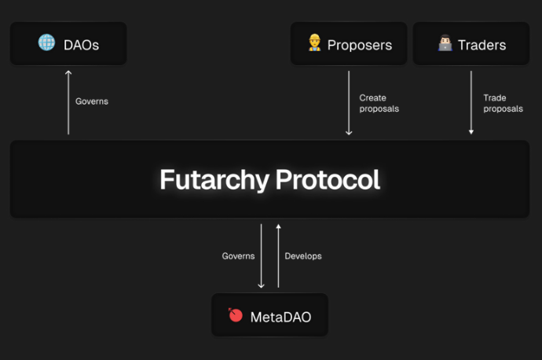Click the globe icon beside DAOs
(x=46, y=42)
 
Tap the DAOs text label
(x=81, y=45)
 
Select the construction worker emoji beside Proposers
(x=314, y=42)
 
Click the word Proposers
(x=360, y=46)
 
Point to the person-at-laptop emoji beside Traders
(x=445, y=42)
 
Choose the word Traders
(x=482, y=45)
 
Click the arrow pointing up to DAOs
(x=68, y=102)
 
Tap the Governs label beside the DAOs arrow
(x=92, y=101)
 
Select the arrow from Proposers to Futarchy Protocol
(x=349, y=103)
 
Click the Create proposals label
(x=379, y=103)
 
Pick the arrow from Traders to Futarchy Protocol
(x=471, y=102)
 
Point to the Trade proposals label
(x=503, y=103)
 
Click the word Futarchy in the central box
(x=214, y=180)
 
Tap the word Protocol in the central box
(x=328, y=179)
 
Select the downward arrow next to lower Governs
(x=261, y=256)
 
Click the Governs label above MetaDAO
(x=238, y=256)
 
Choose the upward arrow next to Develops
(x=278, y=256)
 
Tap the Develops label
(x=303, y=256)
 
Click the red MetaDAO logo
(x=236, y=314)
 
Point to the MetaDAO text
(x=280, y=317)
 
